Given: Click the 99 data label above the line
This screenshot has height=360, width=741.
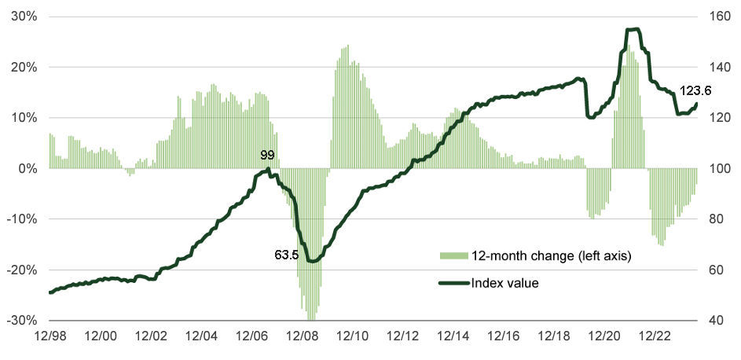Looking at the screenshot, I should coord(267,156).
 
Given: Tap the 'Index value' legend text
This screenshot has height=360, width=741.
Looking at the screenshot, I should coord(504,283).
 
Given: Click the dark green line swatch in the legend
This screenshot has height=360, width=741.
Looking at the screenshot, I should coord(453,283).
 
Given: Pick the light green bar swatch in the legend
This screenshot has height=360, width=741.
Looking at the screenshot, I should coord(453,256).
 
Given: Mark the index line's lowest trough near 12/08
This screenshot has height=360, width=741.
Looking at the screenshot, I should coord(313,261).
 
